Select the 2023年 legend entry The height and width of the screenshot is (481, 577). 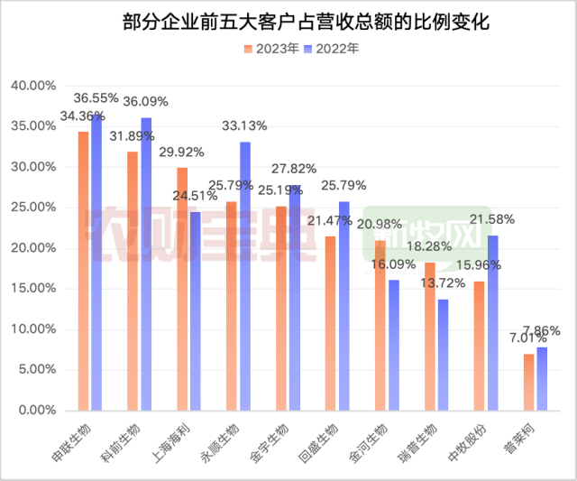269,49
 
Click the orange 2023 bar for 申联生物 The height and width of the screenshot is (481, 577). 84,271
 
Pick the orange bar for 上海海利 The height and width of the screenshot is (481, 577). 182,289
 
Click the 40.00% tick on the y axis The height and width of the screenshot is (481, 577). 35,86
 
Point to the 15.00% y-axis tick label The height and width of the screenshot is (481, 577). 35,289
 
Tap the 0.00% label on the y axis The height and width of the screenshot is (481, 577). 38,411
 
